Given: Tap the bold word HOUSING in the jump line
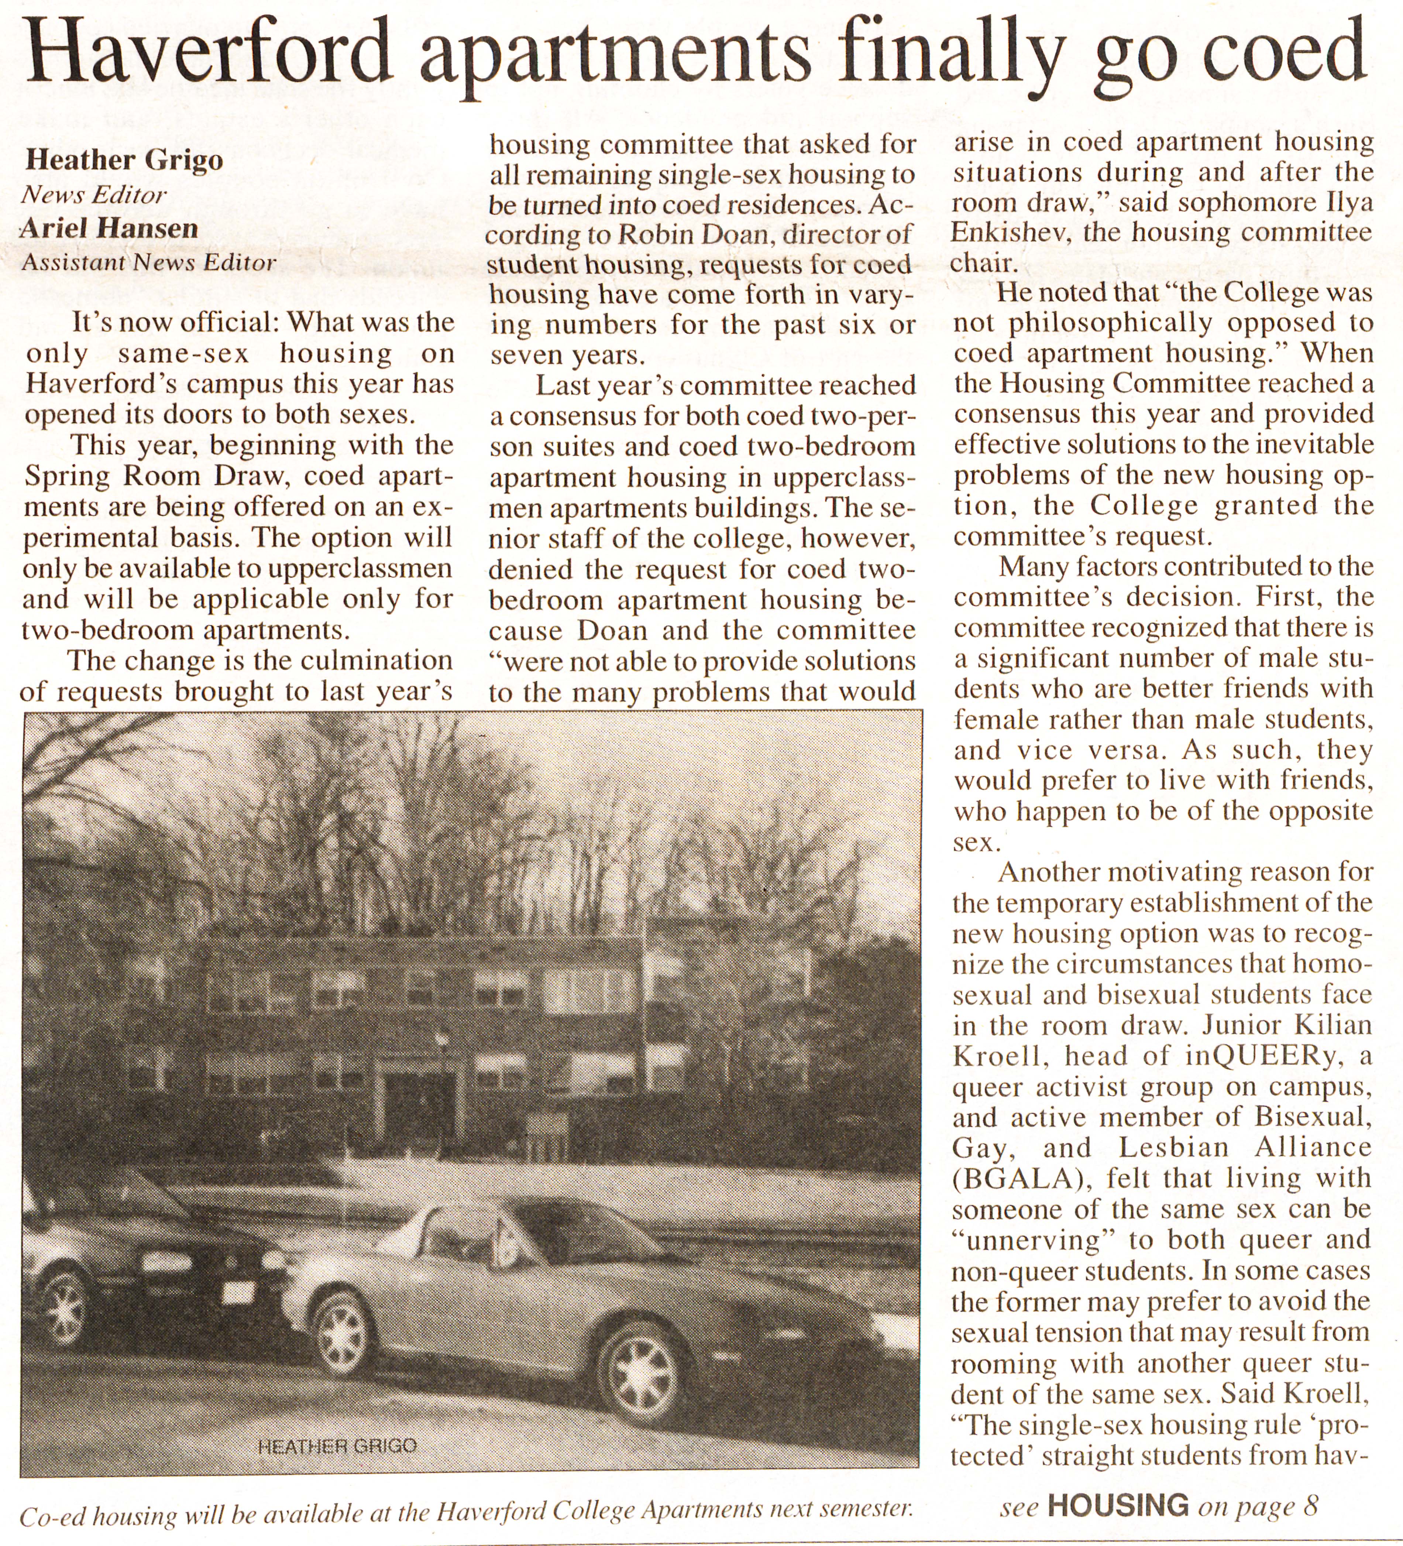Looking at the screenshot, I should pyautogui.click(x=1118, y=1505).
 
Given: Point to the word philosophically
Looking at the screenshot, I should pyautogui.click(x=1110, y=323).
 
